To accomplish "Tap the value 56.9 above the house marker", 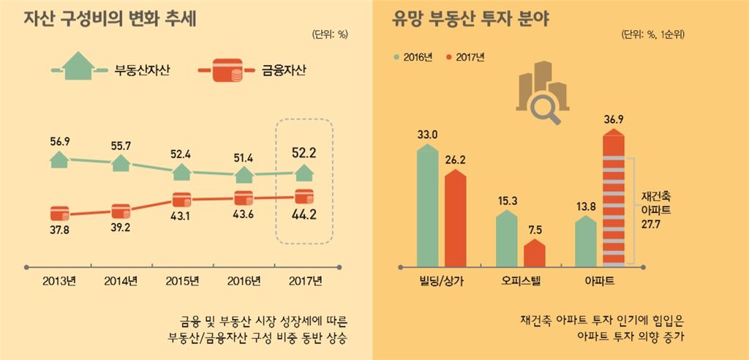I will tap(61, 140).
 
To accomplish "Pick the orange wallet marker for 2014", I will tap(121, 210).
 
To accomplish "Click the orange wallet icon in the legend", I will tap(220, 71).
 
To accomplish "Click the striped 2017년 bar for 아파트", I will tap(615, 198).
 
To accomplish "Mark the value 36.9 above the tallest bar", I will tap(614, 119).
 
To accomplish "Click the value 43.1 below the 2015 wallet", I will tap(182, 217).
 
